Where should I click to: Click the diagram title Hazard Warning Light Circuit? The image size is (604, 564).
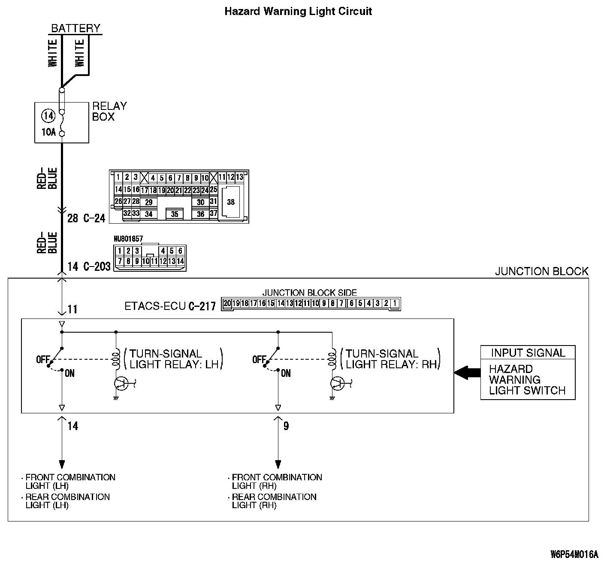click(298, 12)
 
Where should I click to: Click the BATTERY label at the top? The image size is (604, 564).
click(75, 28)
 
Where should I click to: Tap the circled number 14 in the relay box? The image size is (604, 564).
click(48, 115)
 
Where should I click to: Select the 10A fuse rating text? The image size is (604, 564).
click(48, 132)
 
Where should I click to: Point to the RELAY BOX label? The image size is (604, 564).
click(109, 112)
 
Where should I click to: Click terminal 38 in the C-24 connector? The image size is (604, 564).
click(231, 202)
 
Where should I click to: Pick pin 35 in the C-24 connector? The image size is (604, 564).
click(175, 214)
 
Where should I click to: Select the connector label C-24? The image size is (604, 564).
click(94, 218)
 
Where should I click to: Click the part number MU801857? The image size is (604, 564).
click(128, 239)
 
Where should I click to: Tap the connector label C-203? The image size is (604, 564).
click(97, 267)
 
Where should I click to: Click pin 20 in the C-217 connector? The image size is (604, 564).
click(227, 303)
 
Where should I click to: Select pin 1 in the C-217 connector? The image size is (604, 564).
click(395, 303)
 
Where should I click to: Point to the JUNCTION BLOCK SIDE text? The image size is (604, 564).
click(309, 292)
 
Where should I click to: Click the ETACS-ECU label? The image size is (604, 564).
click(155, 306)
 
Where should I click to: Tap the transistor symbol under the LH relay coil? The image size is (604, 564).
click(121, 383)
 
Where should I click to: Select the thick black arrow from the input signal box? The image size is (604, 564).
click(468, 373)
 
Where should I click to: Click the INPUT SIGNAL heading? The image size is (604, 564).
click(528, 353)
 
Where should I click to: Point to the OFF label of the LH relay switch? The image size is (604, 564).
click(43, 359)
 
